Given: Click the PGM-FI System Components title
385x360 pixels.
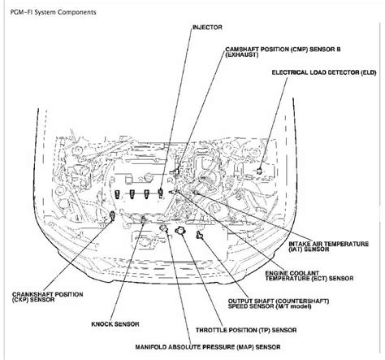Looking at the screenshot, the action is click(x=53, y=12).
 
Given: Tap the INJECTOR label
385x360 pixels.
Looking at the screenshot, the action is click(x=207, y=28).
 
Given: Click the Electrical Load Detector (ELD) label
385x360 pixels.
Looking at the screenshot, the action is click(x=324, y=72).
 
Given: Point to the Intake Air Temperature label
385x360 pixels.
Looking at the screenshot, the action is click(x=328, y=246).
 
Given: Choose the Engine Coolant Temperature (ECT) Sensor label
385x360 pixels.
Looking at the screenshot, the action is click(x=309, y=275).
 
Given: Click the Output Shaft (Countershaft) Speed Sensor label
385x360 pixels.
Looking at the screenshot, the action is click(x=279, y=304).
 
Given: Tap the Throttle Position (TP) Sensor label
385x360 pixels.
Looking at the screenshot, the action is click(x=246, y=330).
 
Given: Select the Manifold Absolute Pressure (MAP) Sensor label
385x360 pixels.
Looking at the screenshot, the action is click(x=208, y=347).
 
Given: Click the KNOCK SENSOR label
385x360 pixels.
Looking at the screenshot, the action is click(x=115, y=324).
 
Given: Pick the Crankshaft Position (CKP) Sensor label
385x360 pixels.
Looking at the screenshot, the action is click(x=47, y=297).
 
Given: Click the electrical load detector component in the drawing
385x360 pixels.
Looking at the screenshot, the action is click(x=259, y=171).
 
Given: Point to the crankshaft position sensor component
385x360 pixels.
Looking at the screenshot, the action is click(x=112, y=216).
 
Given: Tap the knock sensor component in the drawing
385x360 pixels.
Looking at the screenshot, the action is click(x=144, y=219).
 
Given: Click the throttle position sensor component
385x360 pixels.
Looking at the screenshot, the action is click(x=180, y=232).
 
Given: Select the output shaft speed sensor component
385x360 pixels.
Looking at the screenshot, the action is click(x=200, y=235).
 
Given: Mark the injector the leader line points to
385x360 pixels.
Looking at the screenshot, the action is click(x=161, y=193).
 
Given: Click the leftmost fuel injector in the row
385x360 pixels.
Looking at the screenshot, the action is click(x=117, y=194).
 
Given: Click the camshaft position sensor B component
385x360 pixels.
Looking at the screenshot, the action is click(x=176, y=171).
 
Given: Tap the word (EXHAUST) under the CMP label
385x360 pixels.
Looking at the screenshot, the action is click(x=241, y=54).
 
